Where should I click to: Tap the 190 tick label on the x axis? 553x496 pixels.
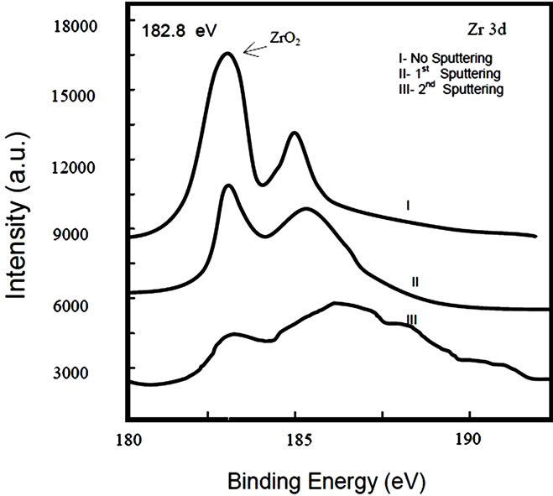(x=468, y=438)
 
